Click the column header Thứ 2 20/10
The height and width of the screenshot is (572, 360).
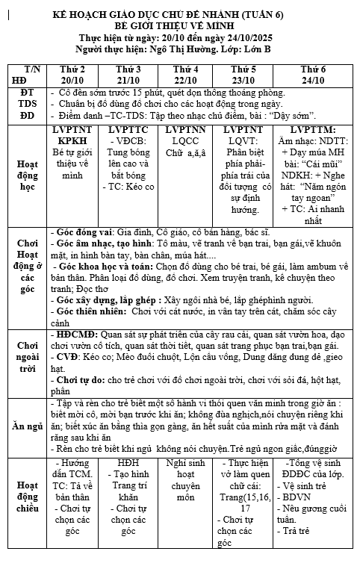click(x=72, y=74)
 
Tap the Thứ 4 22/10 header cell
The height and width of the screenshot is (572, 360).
click(x=185, y=74)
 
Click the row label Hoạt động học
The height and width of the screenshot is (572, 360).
click(x=27, y=174)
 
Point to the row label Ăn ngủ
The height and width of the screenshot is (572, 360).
click(x=27, y=426)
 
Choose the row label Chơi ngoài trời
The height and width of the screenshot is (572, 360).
click(x=27, y=357)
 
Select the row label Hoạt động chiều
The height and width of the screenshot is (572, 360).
click(x=27, y=497)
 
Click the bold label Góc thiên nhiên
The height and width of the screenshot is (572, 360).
click(x=90, y=309)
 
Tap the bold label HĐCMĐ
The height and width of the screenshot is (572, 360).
click(x=77, y=335)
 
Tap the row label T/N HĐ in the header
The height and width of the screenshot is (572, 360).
click(x=27, y=74)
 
